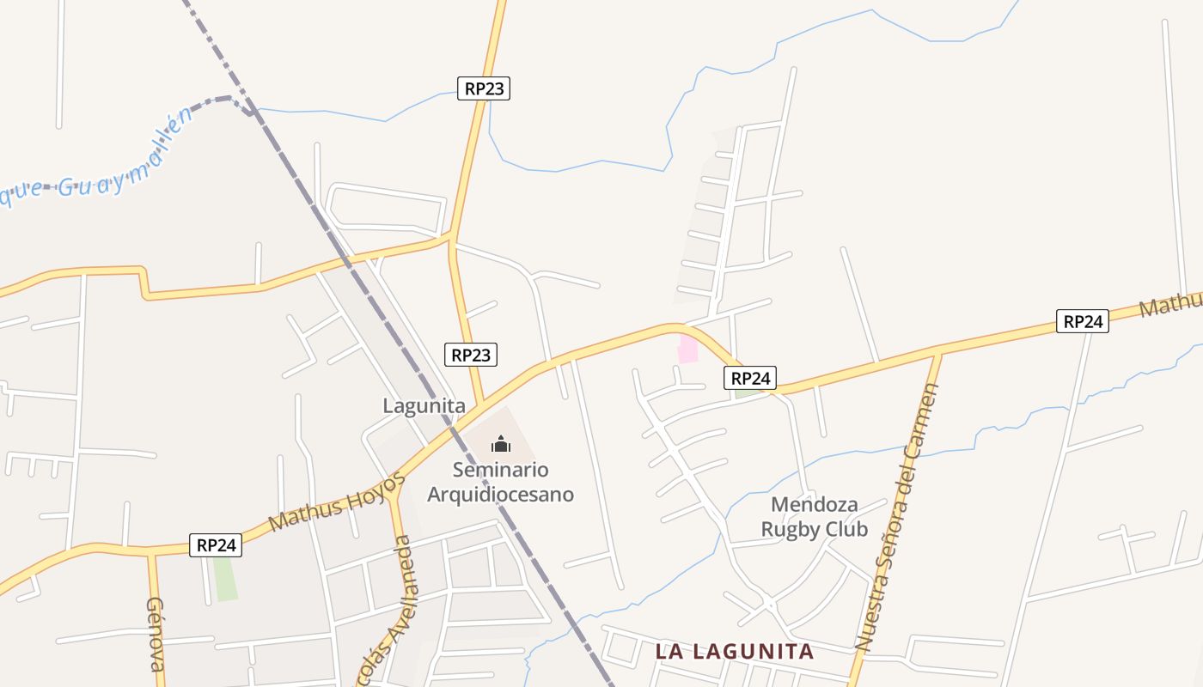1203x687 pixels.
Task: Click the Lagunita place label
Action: click(424, 406)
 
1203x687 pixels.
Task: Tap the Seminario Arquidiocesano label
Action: click(500, 483)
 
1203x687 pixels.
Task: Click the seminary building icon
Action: click(500, 444)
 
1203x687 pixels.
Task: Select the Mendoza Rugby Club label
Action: click(814, 517)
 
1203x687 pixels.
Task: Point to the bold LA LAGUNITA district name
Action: click(734, 652)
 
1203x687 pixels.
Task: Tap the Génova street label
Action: click(156, 635)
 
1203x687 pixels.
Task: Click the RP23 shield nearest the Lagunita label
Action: click(471, 354)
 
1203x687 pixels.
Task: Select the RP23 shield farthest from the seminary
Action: click(484, 88)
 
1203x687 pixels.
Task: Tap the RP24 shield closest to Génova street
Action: click(216, 544)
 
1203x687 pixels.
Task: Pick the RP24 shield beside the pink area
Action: click(750, 378)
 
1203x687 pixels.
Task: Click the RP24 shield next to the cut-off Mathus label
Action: click(1082, 321)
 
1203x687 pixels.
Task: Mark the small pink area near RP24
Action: click(687, 350)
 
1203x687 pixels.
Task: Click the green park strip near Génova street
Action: click(225, 579)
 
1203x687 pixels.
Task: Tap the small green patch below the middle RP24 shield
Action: click(747, 393)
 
